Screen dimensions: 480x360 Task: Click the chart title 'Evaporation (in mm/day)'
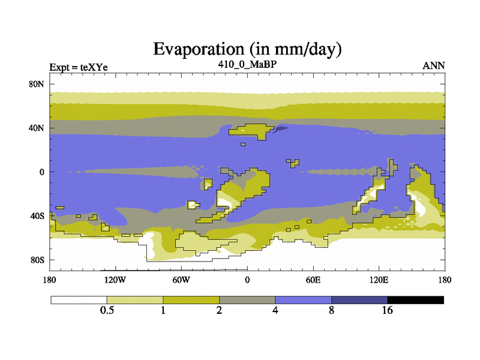[x=247, y=49]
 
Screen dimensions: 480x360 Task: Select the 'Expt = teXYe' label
[x=79, y=67]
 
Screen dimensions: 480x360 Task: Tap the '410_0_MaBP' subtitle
[x=247, y=64]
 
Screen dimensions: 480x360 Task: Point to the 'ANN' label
[x=434, y=65]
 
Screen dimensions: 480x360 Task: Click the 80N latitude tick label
[x=37, y=84]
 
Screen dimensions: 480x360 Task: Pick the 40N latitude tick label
[x=37, y=128]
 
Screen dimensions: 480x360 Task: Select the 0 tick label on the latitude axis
[x=41, y=172]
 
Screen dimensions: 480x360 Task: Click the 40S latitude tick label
[x=37, y=216]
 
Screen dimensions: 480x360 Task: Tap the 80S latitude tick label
[x=37, y=260]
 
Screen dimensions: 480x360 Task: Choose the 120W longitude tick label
[x=115, y=280]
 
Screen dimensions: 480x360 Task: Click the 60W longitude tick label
[x=181, y=280]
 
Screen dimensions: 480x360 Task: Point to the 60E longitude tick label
[x=313, y=280]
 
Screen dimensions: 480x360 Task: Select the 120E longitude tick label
[x=379, y=280]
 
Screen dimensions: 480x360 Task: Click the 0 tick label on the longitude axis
[x=247, y=280]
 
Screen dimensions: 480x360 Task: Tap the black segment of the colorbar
[x=415, y=300]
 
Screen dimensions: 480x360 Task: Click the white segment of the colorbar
[x=79, y=300]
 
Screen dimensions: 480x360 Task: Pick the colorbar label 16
[x=387, y=310]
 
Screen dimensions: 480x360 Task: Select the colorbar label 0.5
[x=107, y=310]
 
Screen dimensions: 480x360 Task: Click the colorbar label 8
[x=332, y=310]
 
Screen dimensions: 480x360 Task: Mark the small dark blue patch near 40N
[x=280, y=129]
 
